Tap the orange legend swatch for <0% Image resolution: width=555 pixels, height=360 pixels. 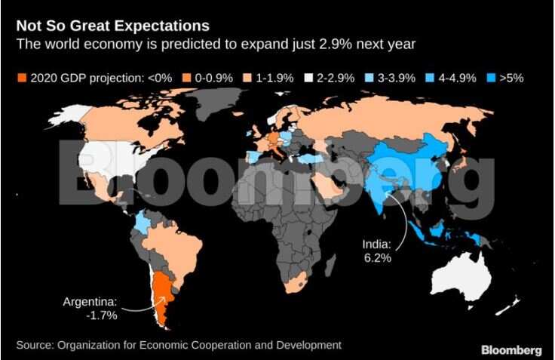(x=22, y=78)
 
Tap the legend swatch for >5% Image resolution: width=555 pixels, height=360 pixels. (x=493, y=78)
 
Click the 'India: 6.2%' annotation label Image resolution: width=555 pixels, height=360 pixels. (x=374, y=251)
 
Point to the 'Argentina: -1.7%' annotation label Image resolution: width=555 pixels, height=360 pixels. (x=91, y=309)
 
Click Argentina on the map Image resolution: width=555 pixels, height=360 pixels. (x=161, y=298)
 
